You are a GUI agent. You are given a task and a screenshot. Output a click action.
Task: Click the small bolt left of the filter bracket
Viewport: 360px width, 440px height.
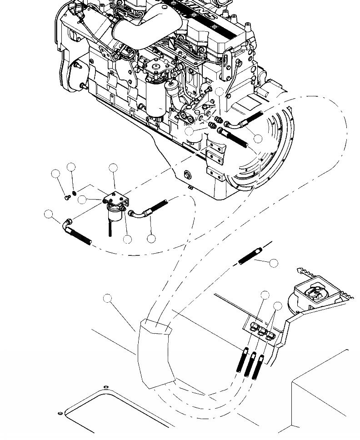[67, 197]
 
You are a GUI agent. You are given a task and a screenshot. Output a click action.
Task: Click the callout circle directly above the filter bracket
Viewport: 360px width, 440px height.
[113, 168]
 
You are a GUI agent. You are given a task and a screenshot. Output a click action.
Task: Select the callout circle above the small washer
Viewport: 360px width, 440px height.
[71, 167]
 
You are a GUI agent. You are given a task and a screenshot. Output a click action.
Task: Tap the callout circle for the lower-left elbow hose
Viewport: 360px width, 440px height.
[49, 214]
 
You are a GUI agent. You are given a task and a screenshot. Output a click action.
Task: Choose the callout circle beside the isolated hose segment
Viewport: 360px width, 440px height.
[273, 263]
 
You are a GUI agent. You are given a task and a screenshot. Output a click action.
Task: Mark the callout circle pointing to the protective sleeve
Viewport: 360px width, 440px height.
[107, 298]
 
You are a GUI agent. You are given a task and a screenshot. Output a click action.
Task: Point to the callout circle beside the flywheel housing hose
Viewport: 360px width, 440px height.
[258, 139]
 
